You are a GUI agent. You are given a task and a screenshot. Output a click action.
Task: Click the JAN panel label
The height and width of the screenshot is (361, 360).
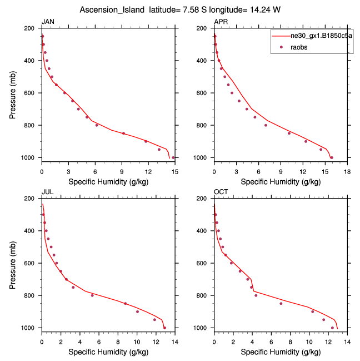pos(48,22)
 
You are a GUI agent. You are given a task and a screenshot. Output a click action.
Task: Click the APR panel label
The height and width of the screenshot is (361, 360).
pos(221,22)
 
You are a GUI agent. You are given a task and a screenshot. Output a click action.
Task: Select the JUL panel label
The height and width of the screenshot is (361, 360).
pos(48,192)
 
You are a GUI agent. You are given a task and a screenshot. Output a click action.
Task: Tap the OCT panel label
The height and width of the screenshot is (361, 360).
pos(221,192)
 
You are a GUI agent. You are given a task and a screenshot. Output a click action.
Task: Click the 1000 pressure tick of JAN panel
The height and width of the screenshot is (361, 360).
pos(31,158)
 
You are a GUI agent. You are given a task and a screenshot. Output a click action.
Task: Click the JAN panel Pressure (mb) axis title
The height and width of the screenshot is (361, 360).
pos(13,93)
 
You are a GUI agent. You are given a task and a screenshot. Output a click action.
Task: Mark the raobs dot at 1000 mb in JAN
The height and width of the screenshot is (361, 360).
pos(173,157)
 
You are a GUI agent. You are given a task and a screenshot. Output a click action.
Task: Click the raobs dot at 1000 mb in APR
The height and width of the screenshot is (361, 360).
pos(332,157)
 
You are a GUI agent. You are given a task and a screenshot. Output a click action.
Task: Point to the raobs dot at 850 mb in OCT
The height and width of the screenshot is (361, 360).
pos(281,303)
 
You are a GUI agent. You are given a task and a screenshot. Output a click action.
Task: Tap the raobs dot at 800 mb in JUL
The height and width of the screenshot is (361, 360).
pos(92,295)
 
